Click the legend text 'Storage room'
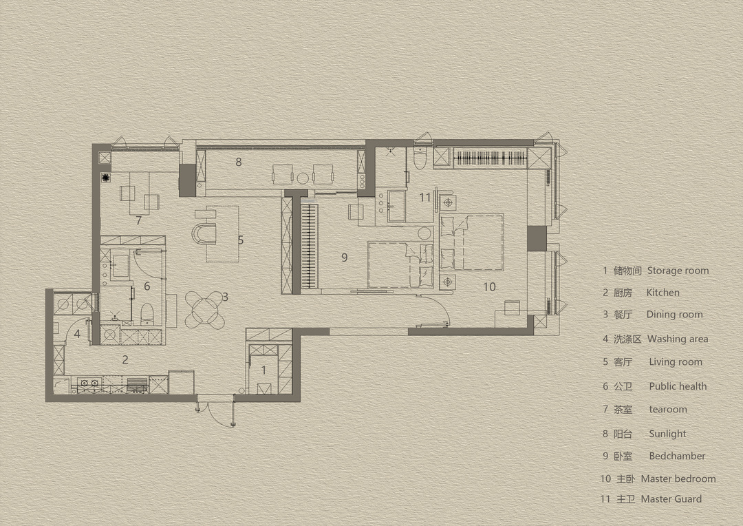click(x=678, y=271)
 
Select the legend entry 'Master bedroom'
click(x=678, y=478)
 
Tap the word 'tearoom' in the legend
click(x=667, y=410)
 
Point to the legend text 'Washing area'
click(x=678, y=339)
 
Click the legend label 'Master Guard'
click(x=671, y=499)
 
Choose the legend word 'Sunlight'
click(x=667, y=434)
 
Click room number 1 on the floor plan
click(x=263, y=370)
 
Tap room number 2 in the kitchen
click(x=125, y=359)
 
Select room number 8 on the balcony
click(x=238, y=162)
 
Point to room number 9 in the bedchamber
click(x=345, y=257)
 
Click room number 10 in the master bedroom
click(x=489, y=286)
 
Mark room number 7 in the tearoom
click(x=138, y=220)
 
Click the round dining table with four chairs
click(x=204, y=310)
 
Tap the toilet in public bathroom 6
click(x=147, y=314)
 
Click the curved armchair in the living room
click(x=204, y=233)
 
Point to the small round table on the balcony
click(x=303, y=179)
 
